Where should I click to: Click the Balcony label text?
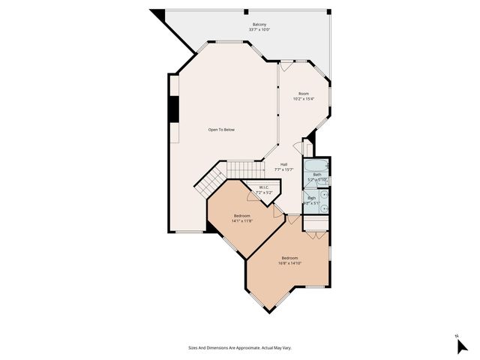click(x=259, y=25)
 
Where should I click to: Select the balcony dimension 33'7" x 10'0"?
click(x=259, y=30)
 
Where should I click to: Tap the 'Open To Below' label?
click(x=221, y=130)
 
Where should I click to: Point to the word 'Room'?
click(x=304, y=94)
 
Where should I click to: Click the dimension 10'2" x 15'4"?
click(x=304, y=99)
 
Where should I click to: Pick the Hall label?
click(x=283, y=164)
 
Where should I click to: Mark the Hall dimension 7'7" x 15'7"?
click(x=283, y=169)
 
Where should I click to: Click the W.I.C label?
click(x=264, y=187)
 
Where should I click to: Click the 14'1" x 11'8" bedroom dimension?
click(x=241, y=220)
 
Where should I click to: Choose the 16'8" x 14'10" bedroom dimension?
click(x=289, y=263)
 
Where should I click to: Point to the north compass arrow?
click(x=462, y=346)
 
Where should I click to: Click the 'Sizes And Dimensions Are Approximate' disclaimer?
click(x=239, y=348)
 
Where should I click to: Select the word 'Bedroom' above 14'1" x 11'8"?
click(x=241, y=215)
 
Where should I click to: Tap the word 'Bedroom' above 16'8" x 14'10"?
click(x=289, y=258)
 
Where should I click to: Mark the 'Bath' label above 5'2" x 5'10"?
click(x=316, y=175)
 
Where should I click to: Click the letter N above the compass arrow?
click(x=457, y=335)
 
